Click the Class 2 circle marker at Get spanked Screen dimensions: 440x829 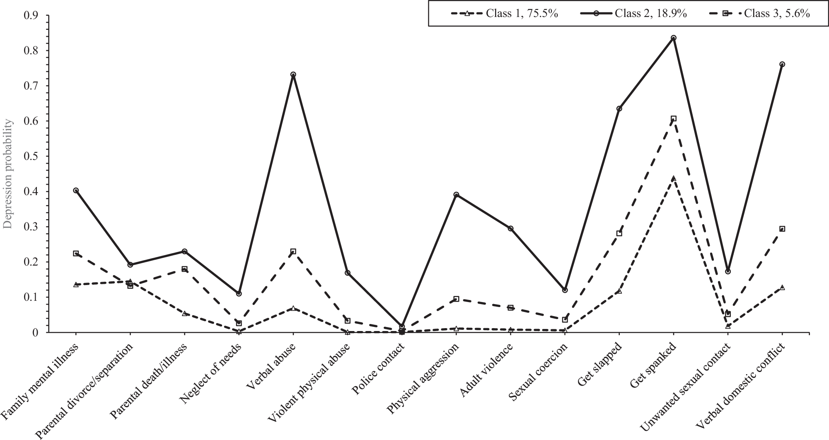[x=673, y=38]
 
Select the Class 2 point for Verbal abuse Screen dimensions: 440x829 [x=293, y=75]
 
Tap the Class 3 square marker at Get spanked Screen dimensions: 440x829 [x=673, y=118]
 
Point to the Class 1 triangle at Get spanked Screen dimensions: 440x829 [x=673, y=179]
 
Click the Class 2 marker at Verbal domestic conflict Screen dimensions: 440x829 [x=782, y=64]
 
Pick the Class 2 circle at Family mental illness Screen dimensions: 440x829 [x=76, y=191]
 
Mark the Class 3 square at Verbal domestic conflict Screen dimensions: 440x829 [x=782, y=229]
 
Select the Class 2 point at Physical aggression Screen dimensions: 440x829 [x=456, y=194]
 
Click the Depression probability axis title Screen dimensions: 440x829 [x=8, y=174]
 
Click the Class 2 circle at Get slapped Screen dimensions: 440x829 [x=619, y=109]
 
